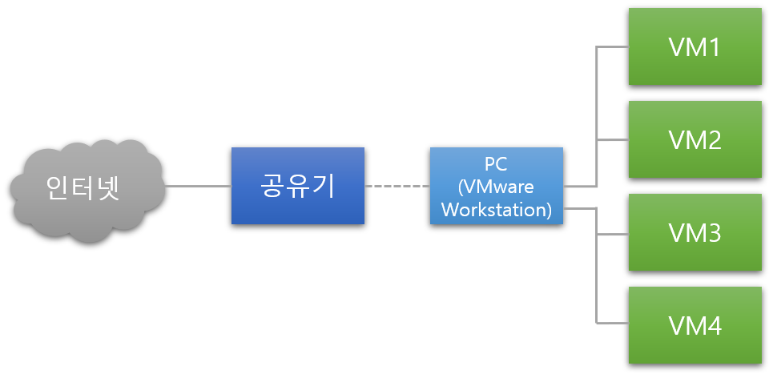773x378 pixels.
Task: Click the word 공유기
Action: tap(297, 186)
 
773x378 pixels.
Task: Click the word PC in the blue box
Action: tap(496, 163)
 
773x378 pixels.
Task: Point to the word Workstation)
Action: tap(496, 210)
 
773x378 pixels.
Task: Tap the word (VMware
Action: tap(496, 187)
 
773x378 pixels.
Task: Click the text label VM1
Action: tap(694, 46)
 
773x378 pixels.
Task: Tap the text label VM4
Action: tap(694, 326)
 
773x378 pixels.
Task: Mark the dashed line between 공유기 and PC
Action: tap(397, 186)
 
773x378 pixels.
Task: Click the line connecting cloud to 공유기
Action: tap(198, 187)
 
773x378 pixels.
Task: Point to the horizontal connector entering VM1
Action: tap(613, 46)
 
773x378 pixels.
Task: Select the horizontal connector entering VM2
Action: tap(613, 139)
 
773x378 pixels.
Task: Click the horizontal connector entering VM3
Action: tap(613, 234)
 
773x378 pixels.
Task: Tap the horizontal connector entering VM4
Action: tap(613, 324)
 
